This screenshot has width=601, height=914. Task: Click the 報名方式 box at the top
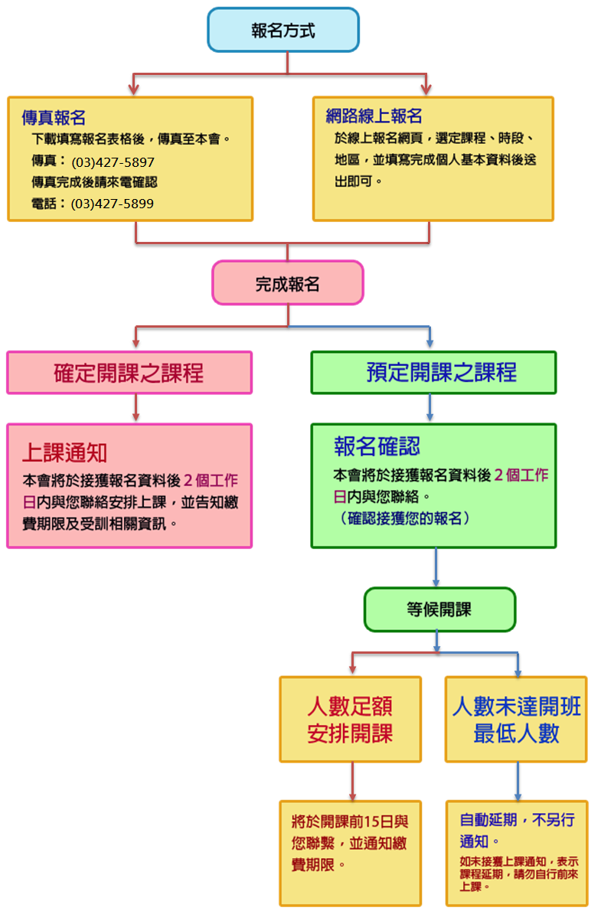283,31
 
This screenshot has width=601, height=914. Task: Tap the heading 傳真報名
53,118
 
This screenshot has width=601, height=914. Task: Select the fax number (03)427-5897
113,162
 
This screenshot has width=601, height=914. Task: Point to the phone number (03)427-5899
113,204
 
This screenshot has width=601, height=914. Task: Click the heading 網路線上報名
374,116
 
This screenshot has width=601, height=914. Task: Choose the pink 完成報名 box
287,284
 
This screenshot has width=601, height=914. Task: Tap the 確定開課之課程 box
129,373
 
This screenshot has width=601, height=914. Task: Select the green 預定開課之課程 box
433,373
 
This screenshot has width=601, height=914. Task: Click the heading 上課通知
64,452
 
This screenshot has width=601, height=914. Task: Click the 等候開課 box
439,609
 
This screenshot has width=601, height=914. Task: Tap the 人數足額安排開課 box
350,719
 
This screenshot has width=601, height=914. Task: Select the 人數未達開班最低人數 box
516,719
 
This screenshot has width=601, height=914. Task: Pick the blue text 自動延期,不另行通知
516,830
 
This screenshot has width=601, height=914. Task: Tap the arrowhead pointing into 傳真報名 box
134,90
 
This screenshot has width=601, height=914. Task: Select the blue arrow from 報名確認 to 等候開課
436,567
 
